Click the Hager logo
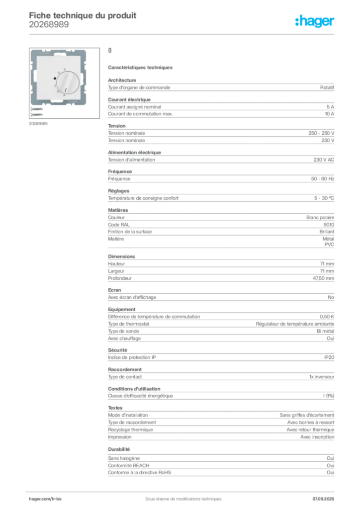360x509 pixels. (314, 21)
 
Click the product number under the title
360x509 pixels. (49, 25)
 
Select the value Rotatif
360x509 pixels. (327, 87)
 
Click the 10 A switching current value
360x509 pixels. (330, 114)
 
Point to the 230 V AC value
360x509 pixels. (324, 160)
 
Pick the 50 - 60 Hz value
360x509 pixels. (322, 179)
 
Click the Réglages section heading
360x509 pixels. (118, 191)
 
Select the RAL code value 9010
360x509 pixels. (329, 225)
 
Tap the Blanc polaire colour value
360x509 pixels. (320, 218)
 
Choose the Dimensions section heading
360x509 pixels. (121, 256)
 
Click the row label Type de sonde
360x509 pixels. (123, 331)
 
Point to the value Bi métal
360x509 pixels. (325, 331)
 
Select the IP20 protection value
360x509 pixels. (329, 357)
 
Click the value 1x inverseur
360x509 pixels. (322, 377)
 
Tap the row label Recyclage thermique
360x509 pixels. (130, 430)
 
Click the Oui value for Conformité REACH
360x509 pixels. (331, 465)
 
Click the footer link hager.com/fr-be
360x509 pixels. (45, 499)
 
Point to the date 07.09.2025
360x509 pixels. (323, 499)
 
